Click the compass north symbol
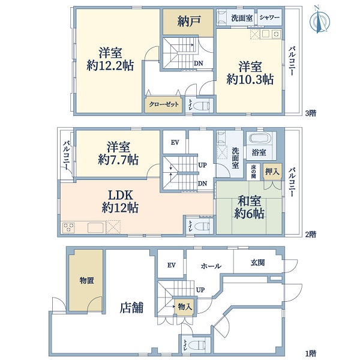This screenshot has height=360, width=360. point(320,20)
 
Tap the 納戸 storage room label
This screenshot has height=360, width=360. point(189,22)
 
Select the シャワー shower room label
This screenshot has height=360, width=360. point(269,17)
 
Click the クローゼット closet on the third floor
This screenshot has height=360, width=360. point(163,105)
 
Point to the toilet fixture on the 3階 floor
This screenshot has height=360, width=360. point(202,106)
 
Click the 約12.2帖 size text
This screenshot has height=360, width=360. point(110,66)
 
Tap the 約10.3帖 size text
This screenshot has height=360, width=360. point(250,80)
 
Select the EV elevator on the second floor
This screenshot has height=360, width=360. point(175,142)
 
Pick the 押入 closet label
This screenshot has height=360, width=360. point(272,171)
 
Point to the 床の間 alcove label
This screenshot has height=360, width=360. point(253,171)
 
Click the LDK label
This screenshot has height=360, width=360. point(121,196)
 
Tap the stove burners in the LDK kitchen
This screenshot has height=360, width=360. point(68,228)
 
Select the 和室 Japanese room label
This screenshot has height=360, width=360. point(249,200)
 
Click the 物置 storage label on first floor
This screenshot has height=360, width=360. point(86,280)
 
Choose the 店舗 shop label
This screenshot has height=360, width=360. point(131,307)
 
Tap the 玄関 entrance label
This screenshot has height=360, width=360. point(257,262)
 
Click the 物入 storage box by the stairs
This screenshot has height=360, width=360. point(185,306)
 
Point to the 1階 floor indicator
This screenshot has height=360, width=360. point(311,353)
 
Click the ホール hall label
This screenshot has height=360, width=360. point(211,266)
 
